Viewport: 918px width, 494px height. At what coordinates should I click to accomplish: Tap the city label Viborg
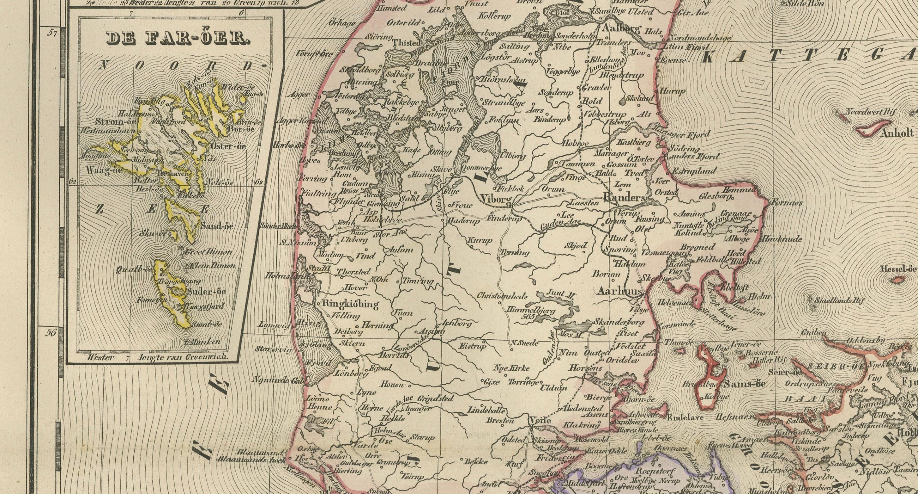[496, 199]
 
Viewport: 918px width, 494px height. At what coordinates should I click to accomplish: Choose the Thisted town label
[406, 43]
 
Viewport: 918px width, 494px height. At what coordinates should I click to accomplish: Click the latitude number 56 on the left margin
[52, 333]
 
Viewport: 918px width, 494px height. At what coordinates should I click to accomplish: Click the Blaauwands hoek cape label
[253, 460]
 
